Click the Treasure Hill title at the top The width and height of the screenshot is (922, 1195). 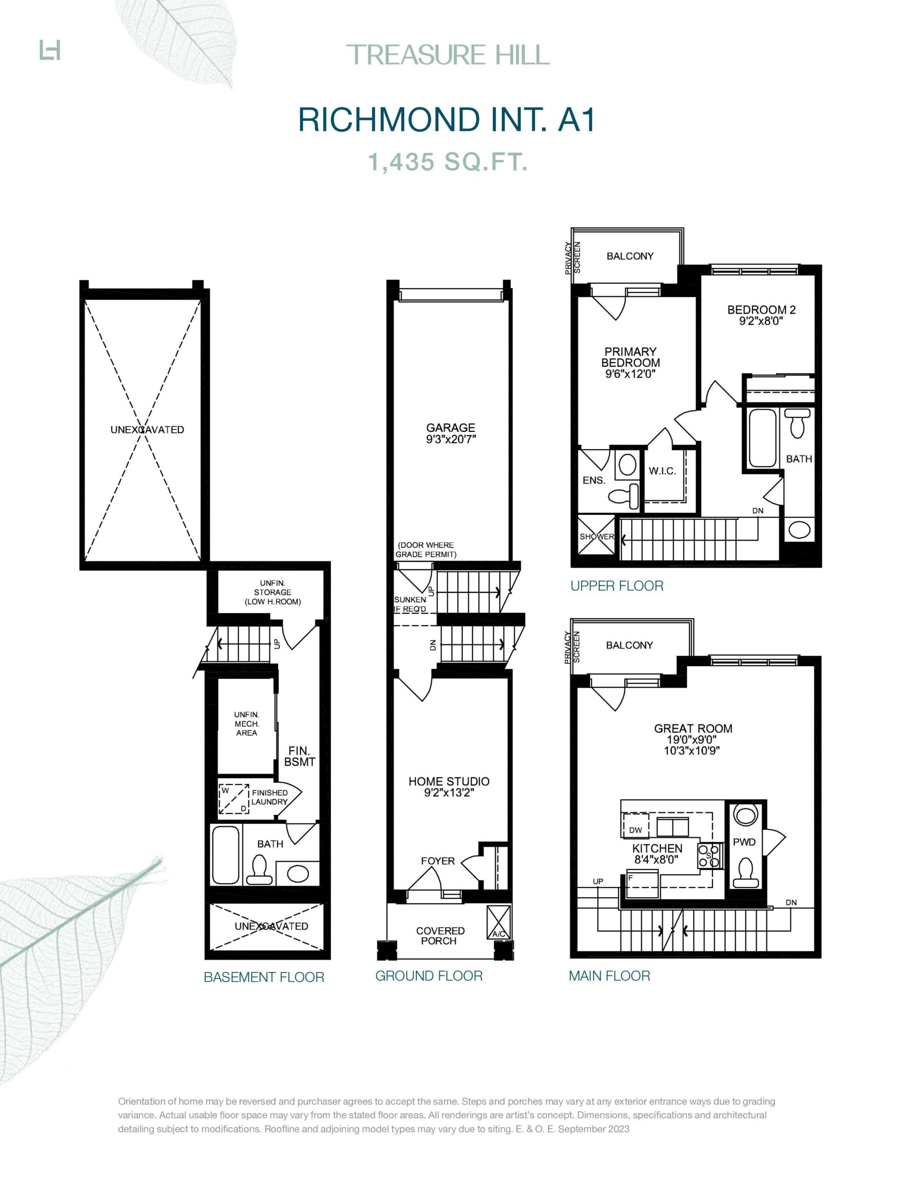point(448,55)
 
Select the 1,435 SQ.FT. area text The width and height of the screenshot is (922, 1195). point(448,162)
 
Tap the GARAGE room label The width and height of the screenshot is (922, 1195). point(451,427)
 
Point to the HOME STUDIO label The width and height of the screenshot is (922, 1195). point(449,781)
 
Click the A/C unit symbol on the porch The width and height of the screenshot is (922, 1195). point(499,921)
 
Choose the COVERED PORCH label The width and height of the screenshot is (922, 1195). point(440,935)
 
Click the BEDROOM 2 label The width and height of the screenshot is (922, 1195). point(761,309)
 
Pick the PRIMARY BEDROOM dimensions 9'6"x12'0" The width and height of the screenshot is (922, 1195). point(630,374)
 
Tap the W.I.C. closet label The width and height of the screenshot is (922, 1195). point(662,471)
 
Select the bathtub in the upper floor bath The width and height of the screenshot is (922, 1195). point(762,438)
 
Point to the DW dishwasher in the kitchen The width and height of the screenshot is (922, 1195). point(635,829)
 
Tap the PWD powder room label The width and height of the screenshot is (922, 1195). point(744,842)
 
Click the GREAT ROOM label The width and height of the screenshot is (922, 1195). point(693,728)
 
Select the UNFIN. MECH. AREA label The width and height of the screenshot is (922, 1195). point(247,724)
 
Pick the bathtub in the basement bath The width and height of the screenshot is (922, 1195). point(225,854)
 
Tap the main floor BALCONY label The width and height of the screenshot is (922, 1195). point(629,645)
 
